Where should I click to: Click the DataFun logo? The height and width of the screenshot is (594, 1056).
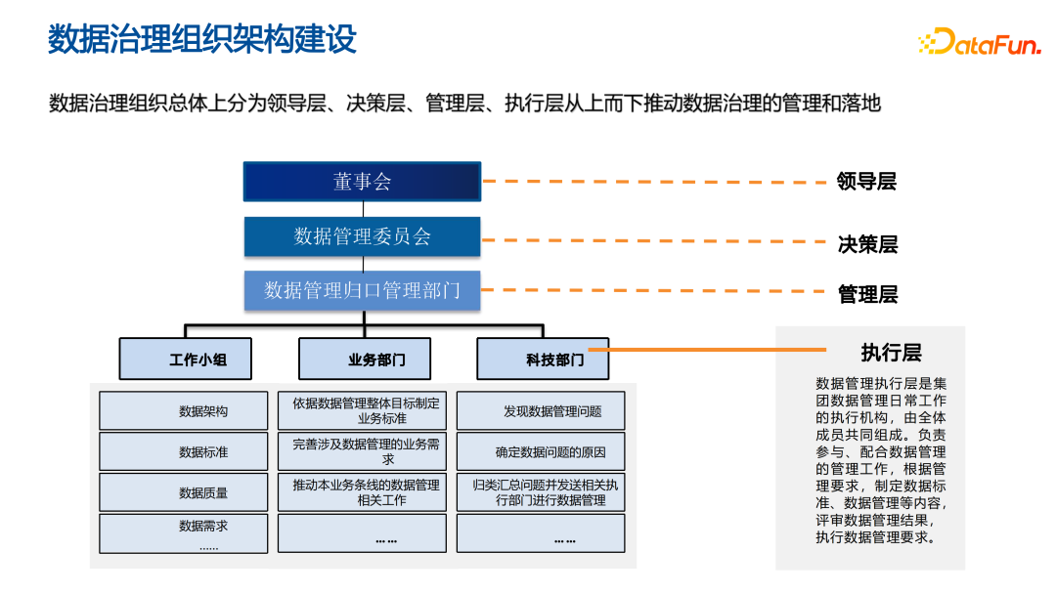(x=978, y=42)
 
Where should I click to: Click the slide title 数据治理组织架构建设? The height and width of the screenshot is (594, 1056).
(x=202, y=40)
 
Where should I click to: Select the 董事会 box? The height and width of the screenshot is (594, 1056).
(x=362, y=182)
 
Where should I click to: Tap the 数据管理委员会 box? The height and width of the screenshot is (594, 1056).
(x=362, y=236)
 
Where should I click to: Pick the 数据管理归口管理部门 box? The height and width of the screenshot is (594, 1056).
(x=362, y=290)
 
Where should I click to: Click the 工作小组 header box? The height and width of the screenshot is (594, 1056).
(x=186, y=359)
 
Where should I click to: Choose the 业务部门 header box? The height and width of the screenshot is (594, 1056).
(x=365, y=359)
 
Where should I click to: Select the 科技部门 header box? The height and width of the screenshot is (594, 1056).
(x=543, y=359)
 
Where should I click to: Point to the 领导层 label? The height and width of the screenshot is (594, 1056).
(x=866, y=182)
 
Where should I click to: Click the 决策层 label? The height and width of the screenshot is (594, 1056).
(x=867, y=244)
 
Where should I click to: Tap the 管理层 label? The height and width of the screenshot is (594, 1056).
(x=867, y=294)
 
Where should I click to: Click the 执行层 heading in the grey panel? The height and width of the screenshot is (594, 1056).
(x=891, y=353)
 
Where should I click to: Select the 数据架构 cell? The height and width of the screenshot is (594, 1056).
(x=183, y=411)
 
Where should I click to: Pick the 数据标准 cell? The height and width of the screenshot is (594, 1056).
(x=183, y=452)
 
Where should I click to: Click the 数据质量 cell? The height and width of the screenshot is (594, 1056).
(x=183, y=492)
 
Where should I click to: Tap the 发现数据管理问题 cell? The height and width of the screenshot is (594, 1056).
(x=541, y=411)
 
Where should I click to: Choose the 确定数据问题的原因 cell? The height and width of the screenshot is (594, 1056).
(x=541, y=452)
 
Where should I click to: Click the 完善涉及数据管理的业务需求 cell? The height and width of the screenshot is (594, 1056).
(x=365, y=451)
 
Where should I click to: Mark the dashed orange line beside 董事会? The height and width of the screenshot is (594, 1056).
(x=655, y=182)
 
